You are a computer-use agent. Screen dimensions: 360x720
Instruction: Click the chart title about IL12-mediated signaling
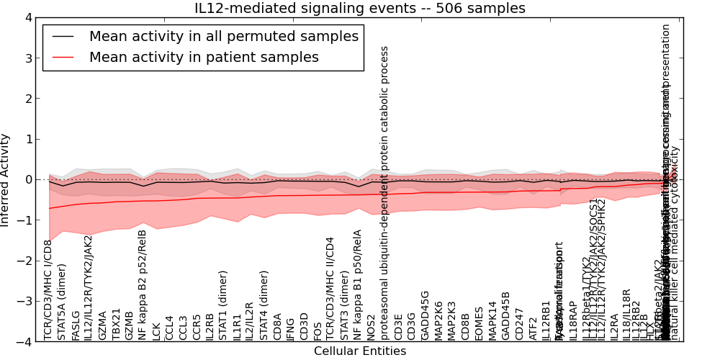(x=360, y=9)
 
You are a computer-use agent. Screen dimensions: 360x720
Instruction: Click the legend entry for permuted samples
(x=223, y=37)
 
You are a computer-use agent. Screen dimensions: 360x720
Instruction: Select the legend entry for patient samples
(x=204, y=58)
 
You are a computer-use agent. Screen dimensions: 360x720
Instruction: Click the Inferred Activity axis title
(x=6, y=179)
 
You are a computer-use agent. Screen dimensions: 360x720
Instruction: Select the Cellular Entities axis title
(x=360, y=351)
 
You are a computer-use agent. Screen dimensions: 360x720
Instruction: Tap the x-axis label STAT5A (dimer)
(x=62, y=302)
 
